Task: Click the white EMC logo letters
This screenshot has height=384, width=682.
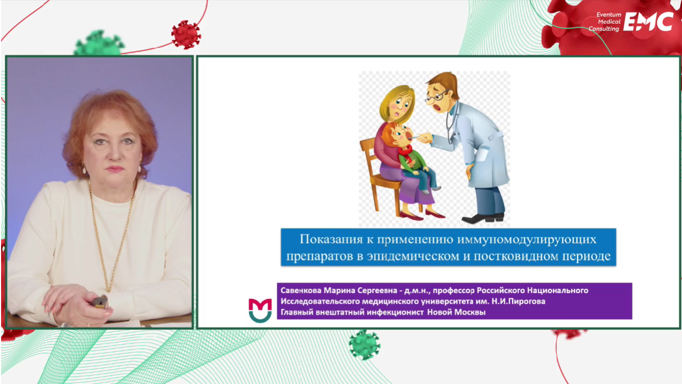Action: click(x=648, y=22)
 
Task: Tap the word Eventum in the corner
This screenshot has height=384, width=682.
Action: click(x=609, y=15)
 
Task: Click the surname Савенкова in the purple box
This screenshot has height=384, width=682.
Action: click(x=301, y=290)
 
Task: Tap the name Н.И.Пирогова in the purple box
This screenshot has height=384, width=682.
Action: click(x=518, y=302)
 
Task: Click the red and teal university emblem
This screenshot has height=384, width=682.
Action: click(x=260, y=310)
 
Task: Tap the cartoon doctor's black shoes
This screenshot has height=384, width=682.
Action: click(x=483, y=218)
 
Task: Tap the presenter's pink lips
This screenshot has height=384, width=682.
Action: click(x=115, y=169)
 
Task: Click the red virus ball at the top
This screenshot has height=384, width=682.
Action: click(x=186, y=34)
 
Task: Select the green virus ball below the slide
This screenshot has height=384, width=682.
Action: click(x=364, y=345)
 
